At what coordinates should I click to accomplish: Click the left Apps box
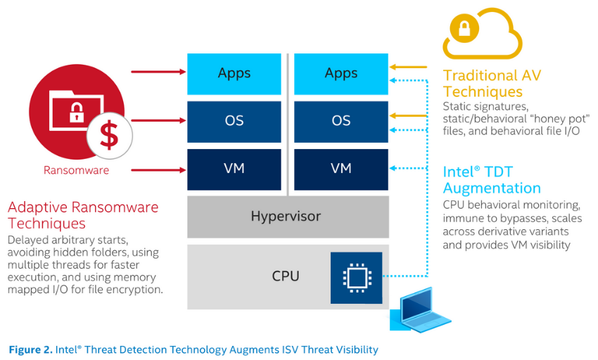234,74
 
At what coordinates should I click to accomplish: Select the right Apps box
341,74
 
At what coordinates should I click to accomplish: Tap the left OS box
234,121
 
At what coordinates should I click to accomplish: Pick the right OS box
341,121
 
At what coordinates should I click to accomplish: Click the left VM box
234,169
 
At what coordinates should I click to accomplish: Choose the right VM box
341,169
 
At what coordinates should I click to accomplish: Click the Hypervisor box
288,217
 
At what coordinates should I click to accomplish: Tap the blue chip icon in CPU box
356,276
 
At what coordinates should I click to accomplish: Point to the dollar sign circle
108,134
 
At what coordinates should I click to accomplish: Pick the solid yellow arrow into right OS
410,115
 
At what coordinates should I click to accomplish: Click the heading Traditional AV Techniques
492,84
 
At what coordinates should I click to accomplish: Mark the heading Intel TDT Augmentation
492,180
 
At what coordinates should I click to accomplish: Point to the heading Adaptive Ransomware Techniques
83,215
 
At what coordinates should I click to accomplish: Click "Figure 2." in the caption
30,349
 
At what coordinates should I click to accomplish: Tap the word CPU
286,276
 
